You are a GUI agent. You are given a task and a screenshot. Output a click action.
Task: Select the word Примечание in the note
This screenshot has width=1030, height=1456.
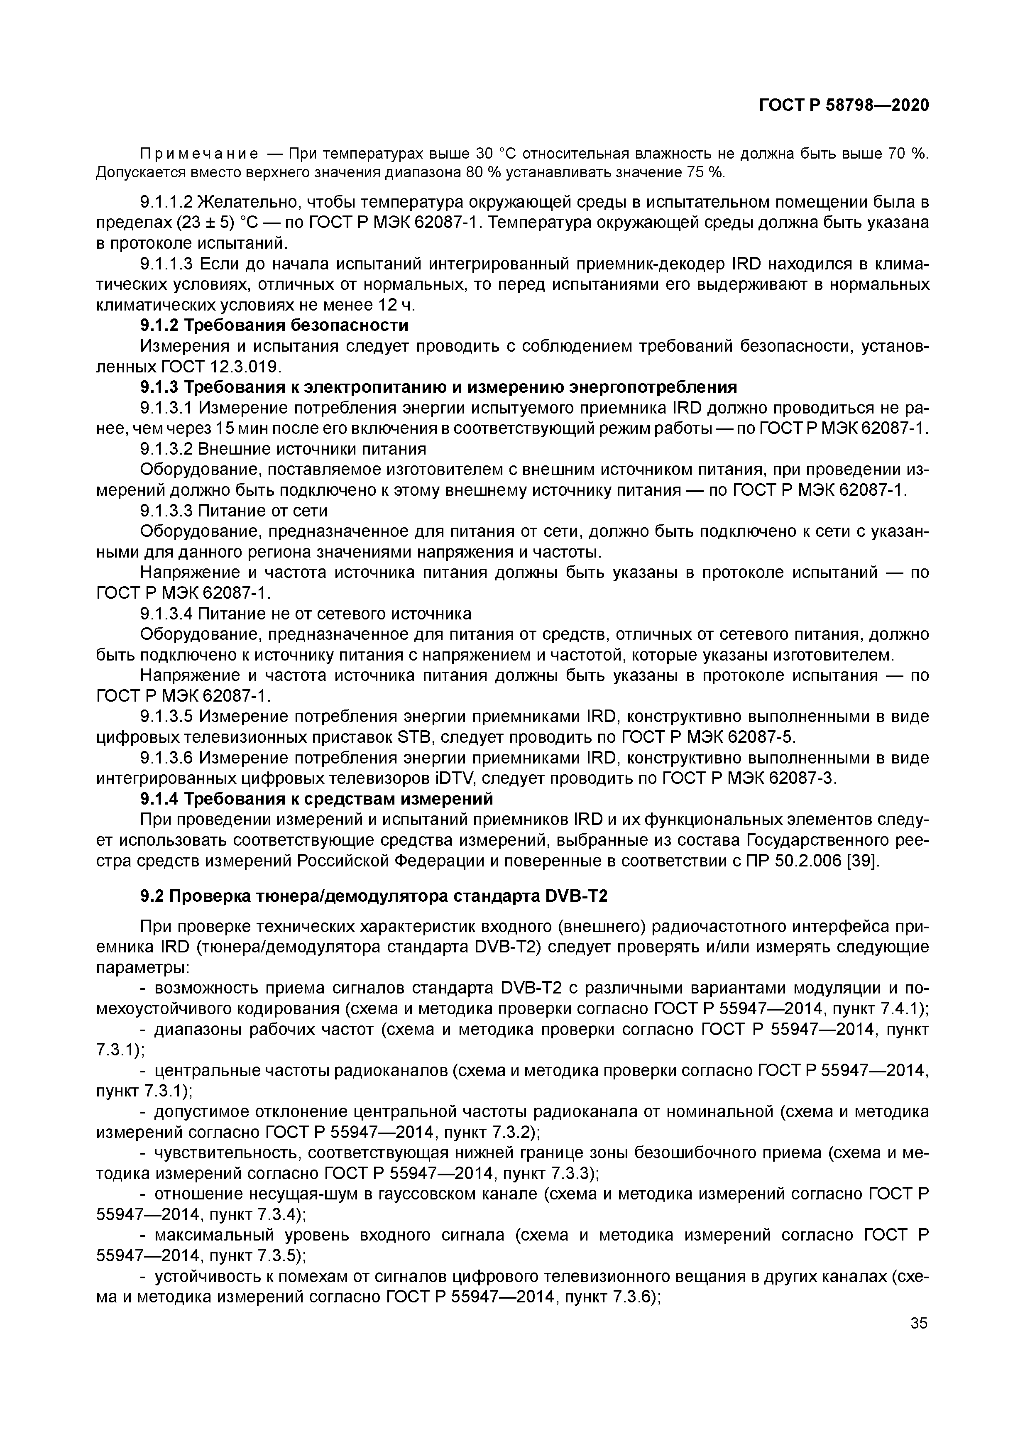[198, 154]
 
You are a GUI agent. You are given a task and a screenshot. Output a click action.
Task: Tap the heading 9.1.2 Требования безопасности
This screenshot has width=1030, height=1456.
[274, 325]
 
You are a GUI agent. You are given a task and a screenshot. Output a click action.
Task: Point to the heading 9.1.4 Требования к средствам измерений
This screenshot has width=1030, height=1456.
[316, 798]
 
